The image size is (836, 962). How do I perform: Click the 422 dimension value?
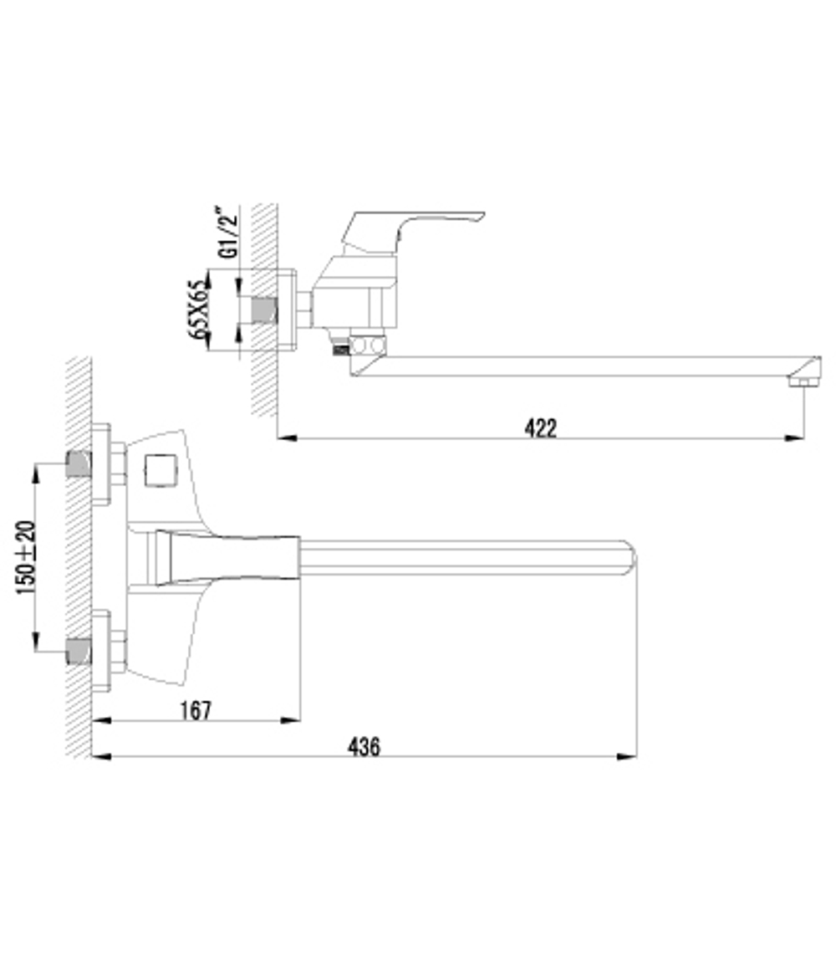[x=541, y=427]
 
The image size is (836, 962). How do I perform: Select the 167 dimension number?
[x=195, y=710]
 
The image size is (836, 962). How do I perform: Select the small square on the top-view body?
[x=159, y=469]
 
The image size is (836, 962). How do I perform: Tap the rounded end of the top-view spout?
[x=629, y=558]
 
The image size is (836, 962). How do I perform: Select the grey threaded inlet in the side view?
[x=265, y=310]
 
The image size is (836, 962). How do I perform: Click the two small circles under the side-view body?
[x=368, y=345]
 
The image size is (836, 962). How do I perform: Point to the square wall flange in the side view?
[x=287, y=310]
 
